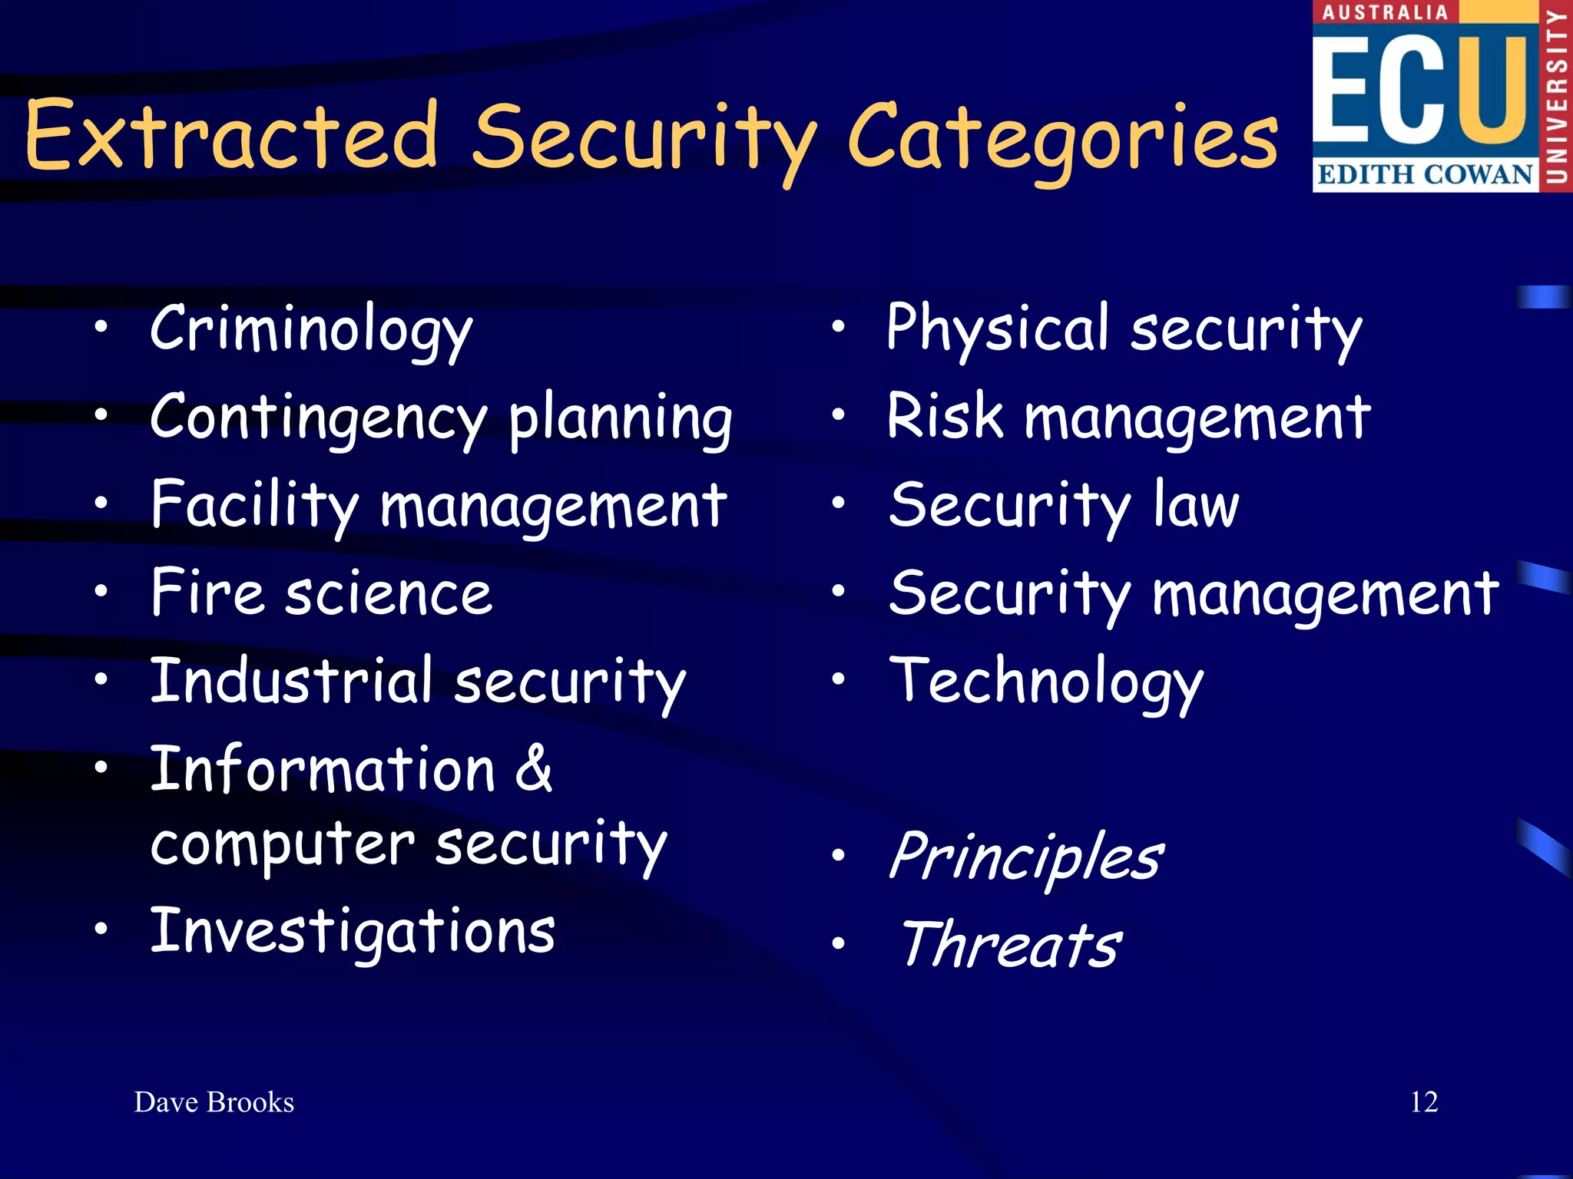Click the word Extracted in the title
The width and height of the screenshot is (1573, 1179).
(230, 137)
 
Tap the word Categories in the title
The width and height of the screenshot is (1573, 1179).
(1063, 138)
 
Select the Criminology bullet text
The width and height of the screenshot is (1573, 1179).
(311, 330)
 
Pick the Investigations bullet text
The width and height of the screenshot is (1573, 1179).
(353, 932)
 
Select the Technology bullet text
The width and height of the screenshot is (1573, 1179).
(1046, 682)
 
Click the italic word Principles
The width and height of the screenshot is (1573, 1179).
(1026, 858)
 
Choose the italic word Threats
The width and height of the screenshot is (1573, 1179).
(1011, 945)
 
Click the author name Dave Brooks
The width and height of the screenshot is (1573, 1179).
(214, 1102)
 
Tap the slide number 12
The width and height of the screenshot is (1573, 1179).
(1424, 1102)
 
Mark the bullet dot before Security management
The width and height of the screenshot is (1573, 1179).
(839, 592)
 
